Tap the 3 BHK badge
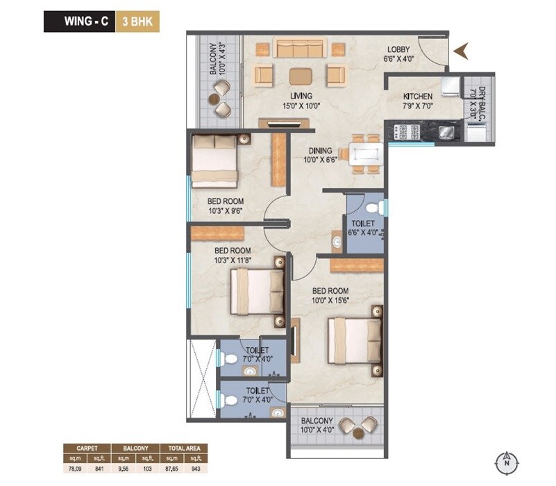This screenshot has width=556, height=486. coord(137,21)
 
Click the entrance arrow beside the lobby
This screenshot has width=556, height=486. coord(462,49)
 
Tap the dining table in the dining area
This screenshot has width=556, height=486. coord(364,153)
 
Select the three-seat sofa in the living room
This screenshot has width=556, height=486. coord(301,48)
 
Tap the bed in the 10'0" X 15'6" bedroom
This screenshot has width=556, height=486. coord(356,340)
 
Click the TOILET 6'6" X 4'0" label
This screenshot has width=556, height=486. coord(363,228)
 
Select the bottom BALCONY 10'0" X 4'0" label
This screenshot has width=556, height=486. coord(317,426)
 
